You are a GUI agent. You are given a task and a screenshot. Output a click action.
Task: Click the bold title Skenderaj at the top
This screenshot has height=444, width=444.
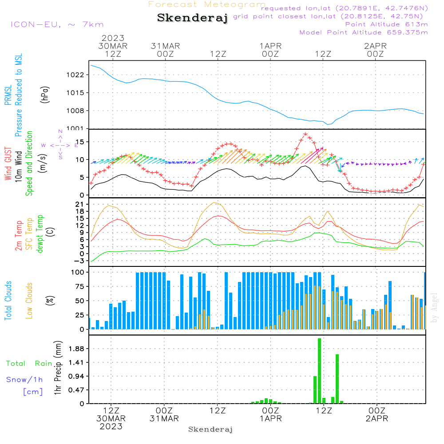pos(192,18)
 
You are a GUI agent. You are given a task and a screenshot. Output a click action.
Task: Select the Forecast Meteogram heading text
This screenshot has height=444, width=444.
pos(207,4)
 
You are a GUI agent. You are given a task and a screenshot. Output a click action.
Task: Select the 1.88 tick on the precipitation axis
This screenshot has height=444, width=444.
pos(75,349)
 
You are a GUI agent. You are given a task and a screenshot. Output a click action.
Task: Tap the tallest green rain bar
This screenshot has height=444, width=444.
pos(319,371)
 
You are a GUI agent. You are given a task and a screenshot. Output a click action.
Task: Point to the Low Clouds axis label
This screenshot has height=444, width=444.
pos(29,300)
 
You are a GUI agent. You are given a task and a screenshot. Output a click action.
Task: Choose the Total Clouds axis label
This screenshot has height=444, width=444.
pos(8,300)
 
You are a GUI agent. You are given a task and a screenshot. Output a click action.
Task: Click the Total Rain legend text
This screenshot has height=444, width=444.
pos(29,364)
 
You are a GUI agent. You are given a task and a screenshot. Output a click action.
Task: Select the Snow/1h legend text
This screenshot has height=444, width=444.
pos(24,380)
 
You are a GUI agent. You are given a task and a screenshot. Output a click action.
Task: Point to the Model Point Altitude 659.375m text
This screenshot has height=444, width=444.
pos(364,32)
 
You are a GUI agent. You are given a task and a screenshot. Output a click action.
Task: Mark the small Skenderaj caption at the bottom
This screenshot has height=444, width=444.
pos(210,429)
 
